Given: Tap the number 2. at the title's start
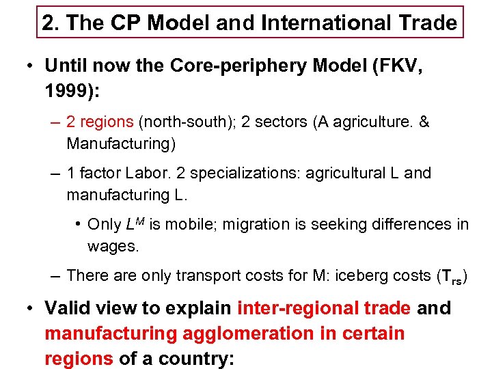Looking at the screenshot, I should (x=49, y=23).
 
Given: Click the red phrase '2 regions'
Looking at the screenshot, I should (x=100, y=122).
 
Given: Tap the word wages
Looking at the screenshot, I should (x=113, y=246).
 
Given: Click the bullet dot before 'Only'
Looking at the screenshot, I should (x=81, y=224).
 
